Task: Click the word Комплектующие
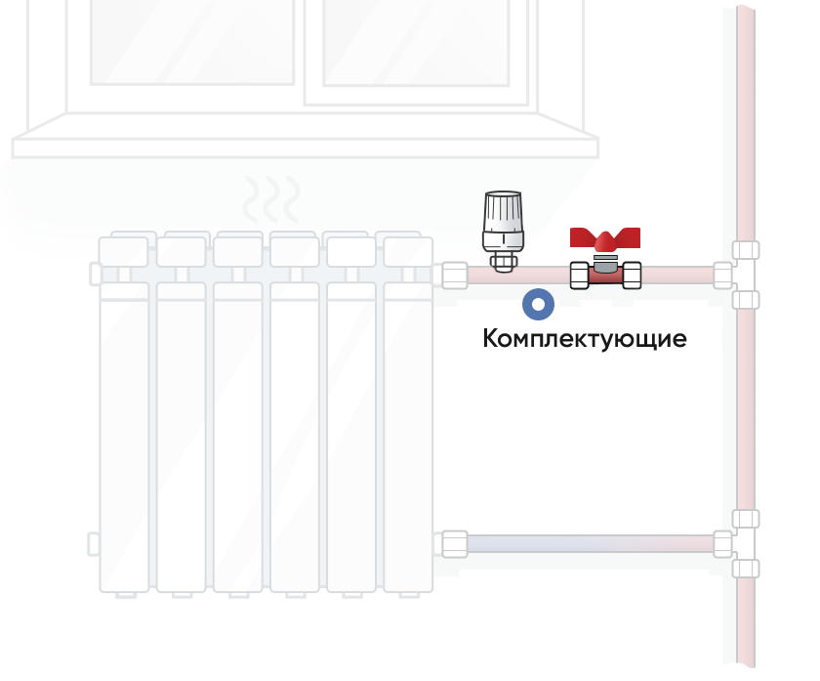pyautogui.click(x=584, y=339)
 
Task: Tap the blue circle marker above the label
pyautogui.click(x=538, y=304)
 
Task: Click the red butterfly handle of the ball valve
pyautogui.click(x=605, y=238)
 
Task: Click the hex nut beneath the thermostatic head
pyautogui.click(x=503, y=262)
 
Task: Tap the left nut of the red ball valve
pyautogui.click(x=580, y=276)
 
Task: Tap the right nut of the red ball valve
pyautogui.click(x=633, y=276)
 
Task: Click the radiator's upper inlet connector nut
pyautogui.click(x=455, y=276)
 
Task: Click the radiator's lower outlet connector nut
pyautogui.click(x=455, y=544)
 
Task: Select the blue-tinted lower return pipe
pyautogui.click(x=591, y=544)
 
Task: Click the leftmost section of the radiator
pyautogui.click(x=124, y=413)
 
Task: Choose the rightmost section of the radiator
pyautogui.click(x=408, y=413)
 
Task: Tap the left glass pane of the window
pyautogui.click(x=192, y=41)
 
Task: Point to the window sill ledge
pyautogui.click(x=306, y=148)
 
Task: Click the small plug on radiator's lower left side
pyautogui.click(x=93, y=544)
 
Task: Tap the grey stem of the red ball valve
pyautogui.click(x=605, y=264)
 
